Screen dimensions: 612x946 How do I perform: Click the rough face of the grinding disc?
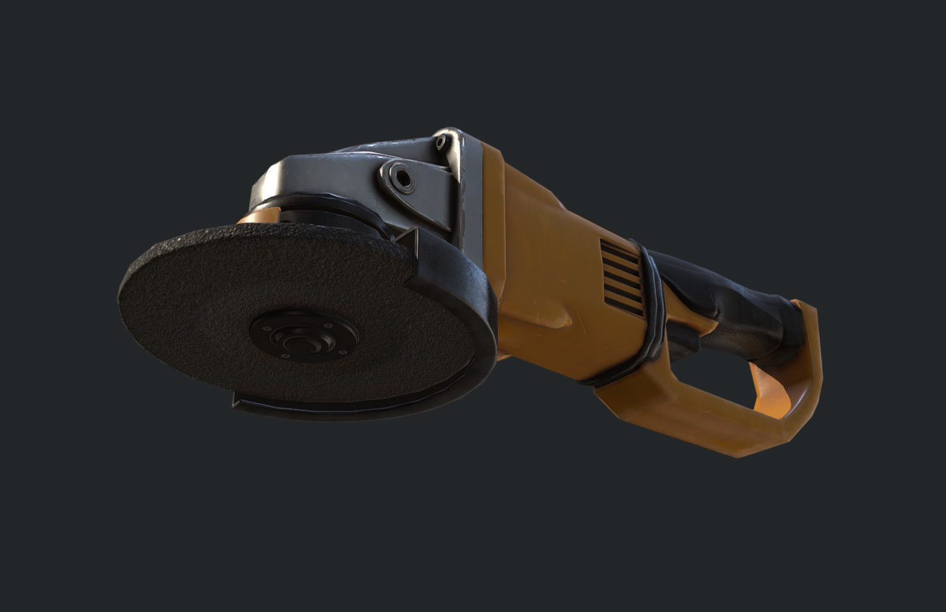pos(202,306)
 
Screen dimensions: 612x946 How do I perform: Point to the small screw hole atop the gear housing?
pos(441,143)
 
